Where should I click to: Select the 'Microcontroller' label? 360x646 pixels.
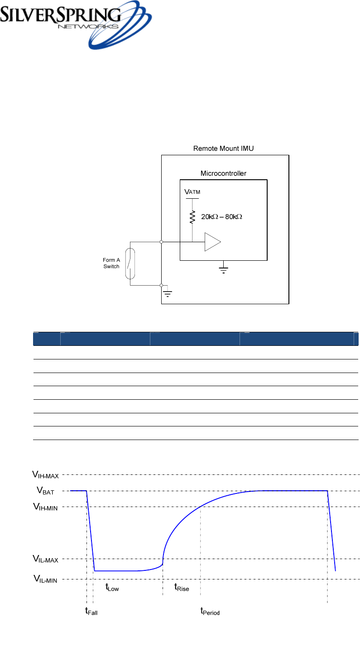(x=223, y=173)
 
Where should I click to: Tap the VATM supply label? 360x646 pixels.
(x=192, y=192)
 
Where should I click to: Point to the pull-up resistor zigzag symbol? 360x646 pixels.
(x=192, y=217)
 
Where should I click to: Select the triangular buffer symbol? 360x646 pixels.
(x=212, y=242)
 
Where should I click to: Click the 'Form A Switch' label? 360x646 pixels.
(x=111, y=263)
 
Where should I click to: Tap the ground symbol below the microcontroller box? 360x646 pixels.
(x=224, y=270)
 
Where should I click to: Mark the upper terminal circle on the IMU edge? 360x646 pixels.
(x=162, y=242)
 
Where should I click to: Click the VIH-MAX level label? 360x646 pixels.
(x=45, y=474)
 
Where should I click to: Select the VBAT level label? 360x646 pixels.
(x=46, y=490)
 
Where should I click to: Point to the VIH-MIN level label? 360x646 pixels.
(x=45, y=507)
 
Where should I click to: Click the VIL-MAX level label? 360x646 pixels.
(x=45, y=560)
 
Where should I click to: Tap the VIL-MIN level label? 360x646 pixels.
(x=45, y=579)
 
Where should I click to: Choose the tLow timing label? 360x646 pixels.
(x=112, y=588)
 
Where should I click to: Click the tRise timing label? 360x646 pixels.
(x=182, y=588)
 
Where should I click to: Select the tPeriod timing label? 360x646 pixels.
(x=210, y=612)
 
